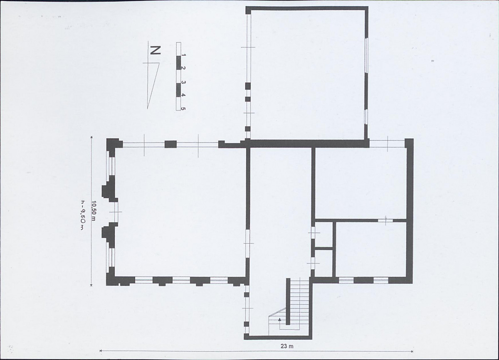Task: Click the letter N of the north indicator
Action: [155, 51]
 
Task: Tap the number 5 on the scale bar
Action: [183, 108]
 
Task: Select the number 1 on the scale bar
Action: [183, 55]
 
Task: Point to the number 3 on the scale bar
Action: [183, 82]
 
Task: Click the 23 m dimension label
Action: [287, 346]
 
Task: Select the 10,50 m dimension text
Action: [94, 211]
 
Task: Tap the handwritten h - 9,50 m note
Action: [82, 215]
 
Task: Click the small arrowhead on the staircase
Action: [280, 320]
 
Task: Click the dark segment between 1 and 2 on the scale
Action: [178, 63]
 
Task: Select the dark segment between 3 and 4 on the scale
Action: [178, 90]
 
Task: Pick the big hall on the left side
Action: [180, 212]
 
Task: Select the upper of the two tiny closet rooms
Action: [324, 234]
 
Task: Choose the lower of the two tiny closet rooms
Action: [324, 264]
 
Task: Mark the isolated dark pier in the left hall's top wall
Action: [170, 144]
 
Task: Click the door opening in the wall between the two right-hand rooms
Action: [385, 220]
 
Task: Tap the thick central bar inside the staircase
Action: [288, 301]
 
